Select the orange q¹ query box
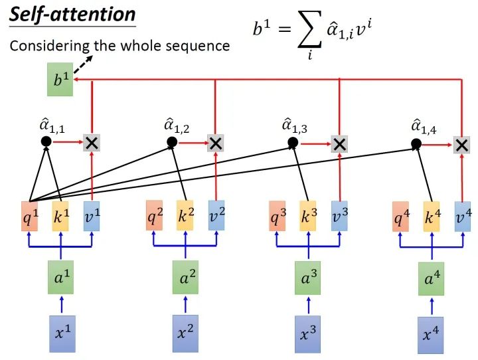click(x=29, y=217)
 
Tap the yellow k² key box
click(x=185, y=216)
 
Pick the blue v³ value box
click(x=339, y=217)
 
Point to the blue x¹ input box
click(x=62, y=333)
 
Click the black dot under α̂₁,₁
click(x=46, y=141)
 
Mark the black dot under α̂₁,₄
click(x=416, y=143)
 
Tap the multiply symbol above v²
click(x=215, y=142)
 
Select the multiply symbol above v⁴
click(x=461, y=143)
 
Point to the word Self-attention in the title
click(x=72, y=14)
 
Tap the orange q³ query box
click(x=278, y=217)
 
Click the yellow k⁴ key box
click(x=432, y=217)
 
